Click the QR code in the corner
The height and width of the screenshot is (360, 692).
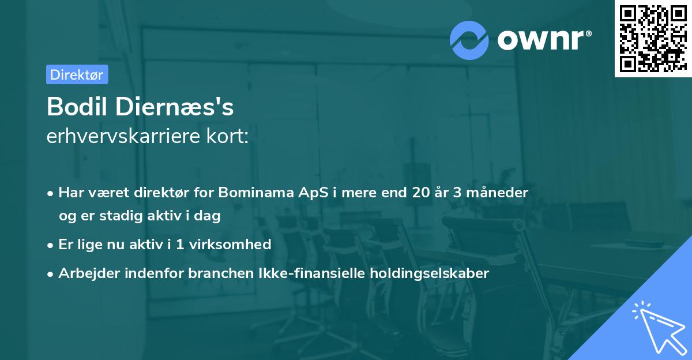click(x=653, y=38)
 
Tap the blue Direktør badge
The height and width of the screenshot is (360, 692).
click(x=77, y=74)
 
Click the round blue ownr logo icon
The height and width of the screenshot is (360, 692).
click(x=469, y=39)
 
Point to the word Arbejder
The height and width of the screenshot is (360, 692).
click(x=85, y=273)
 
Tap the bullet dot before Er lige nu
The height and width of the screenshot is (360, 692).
click(x=51, y=245)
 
